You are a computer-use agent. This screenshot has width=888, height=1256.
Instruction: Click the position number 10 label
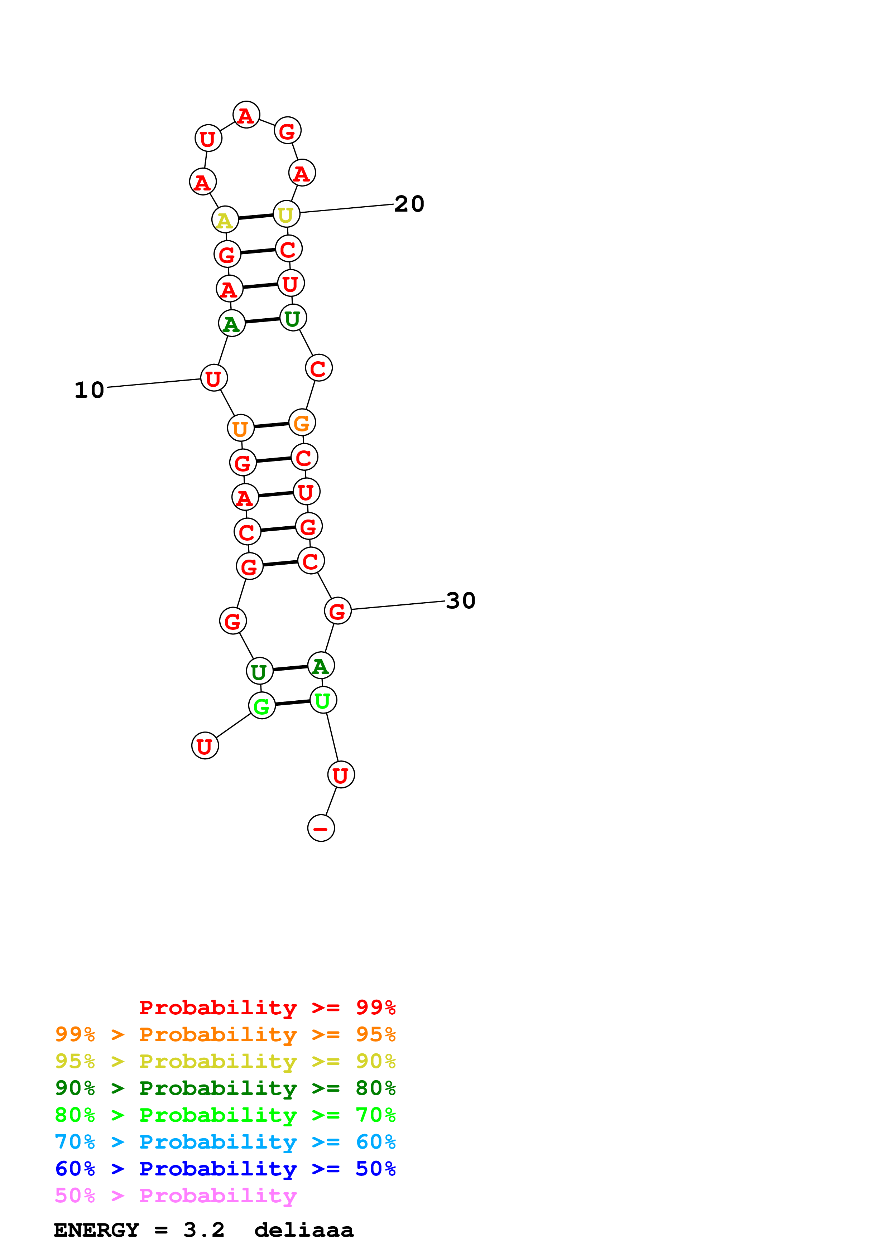pos(89,390)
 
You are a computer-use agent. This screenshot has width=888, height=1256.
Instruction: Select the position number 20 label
pos(409,204)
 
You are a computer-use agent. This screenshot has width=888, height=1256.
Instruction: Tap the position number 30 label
pos(460,601)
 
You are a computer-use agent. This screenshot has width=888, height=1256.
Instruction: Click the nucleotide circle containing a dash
pos(321,828)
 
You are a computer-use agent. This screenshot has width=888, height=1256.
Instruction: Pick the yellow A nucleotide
pos(225,220)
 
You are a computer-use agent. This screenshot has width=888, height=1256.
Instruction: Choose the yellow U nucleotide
pos(286,214)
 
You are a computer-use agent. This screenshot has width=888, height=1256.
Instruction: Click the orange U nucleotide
pos(241,428)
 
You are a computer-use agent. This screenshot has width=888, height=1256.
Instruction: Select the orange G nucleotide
pos(302,422)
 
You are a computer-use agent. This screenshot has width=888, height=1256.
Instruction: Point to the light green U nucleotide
pos(323,700)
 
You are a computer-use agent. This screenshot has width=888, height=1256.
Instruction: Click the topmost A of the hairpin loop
pos(246,115)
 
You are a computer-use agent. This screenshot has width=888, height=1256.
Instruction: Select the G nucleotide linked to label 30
pos(337,610)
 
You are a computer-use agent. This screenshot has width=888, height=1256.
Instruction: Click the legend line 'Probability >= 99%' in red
pos(267,1007)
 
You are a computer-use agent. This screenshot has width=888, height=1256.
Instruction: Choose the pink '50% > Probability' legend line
pos(176,1195)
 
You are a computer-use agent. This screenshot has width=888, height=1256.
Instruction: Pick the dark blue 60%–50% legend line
pos(225,1169)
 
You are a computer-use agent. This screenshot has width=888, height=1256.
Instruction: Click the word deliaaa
pos(304,1230)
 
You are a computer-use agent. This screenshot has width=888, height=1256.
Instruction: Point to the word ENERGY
pos(96,1230)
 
